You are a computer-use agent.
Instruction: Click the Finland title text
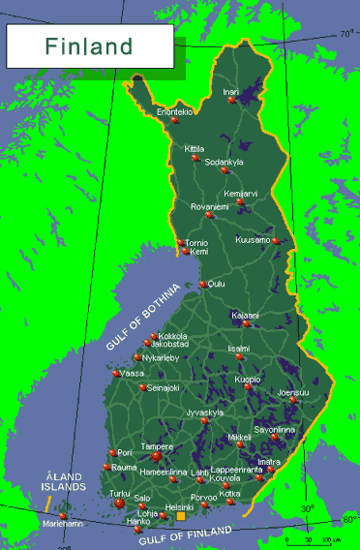tap(88, 46)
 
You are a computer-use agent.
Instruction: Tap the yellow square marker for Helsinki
tap(180, 516)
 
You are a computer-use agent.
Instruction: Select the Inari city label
tap(230, 92)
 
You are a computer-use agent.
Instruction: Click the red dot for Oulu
tap(203, 284)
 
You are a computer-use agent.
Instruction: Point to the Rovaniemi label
tap(209, 206)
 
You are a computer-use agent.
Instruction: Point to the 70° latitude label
tap(346, 34)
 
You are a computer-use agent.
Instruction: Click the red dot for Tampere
tap(156, 456)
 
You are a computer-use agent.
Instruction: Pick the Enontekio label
tap(175, 112)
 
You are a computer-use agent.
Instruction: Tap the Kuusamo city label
tap(253, 239)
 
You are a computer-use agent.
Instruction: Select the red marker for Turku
tap(120, 504)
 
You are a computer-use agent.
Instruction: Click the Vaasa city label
tap(133, 373)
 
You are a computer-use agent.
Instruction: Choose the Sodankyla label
tap(225, 162)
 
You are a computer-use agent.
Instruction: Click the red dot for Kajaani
tap(248, 323)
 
